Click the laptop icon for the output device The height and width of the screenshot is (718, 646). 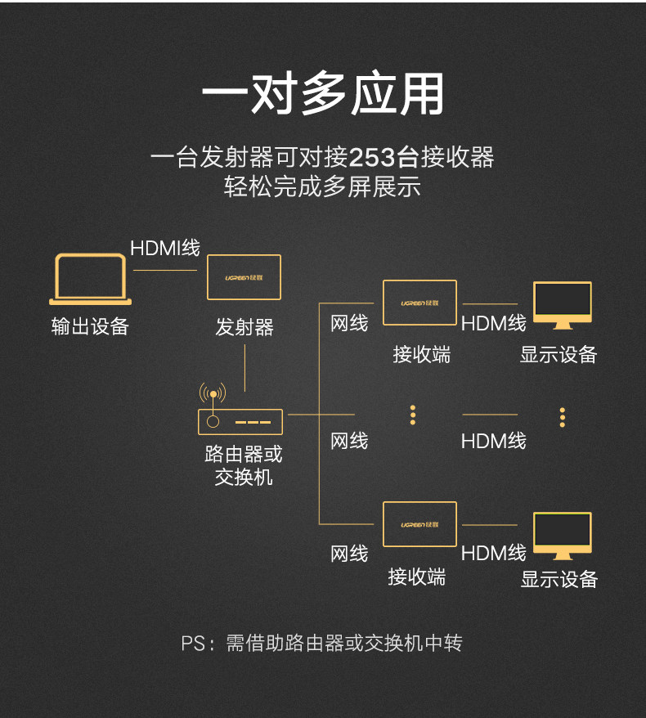coord(90,280)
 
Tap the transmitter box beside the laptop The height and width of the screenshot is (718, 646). coord(244,277)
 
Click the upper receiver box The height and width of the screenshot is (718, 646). coord(419,303)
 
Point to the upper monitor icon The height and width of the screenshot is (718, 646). coord(562,304)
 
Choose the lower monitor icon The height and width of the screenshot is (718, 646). coord(562,536)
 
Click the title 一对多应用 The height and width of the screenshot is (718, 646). coord(323,95)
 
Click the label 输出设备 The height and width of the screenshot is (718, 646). coord(90,327)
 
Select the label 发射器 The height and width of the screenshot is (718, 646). coord(244,328)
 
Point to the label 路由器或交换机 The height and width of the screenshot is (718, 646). coord(244,465)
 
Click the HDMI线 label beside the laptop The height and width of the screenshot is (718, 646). coord(165,248)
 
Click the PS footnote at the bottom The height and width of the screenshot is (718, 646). coord(321,644)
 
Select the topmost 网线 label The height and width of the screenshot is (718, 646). coord(349,324)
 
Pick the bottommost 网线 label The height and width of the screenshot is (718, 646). coord(349,554)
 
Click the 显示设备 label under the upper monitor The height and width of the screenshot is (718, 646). coord(559,355)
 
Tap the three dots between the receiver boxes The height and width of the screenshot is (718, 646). coord(413,415)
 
